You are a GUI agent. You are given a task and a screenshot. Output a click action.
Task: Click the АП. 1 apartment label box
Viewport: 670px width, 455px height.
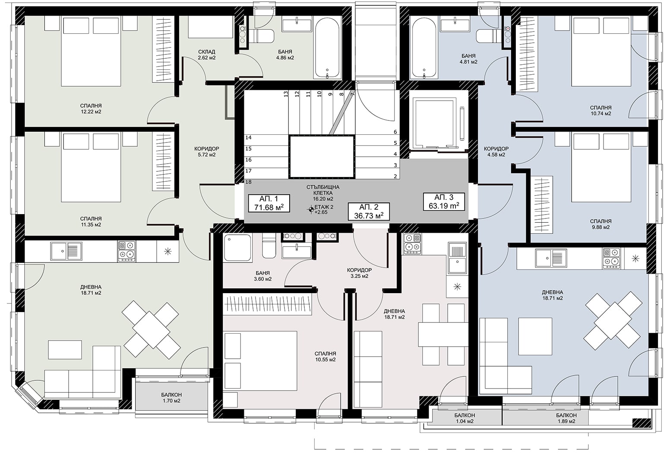[269, 203]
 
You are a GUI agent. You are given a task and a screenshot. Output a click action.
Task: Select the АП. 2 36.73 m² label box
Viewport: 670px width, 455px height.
[369, 212]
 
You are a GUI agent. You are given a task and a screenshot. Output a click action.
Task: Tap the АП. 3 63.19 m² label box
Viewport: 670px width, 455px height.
[444, 202]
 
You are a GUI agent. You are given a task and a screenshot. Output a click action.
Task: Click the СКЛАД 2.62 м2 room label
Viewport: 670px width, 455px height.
[206, 55]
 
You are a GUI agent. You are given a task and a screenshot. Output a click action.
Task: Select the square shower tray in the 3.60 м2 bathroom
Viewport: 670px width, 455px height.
[237, 248]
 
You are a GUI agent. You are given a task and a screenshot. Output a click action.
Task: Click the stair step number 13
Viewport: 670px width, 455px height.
[286, 94]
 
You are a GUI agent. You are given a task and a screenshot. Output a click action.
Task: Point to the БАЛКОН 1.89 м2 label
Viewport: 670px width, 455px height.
[566, 418]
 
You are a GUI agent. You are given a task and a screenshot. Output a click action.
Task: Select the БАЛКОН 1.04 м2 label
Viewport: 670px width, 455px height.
[465, 418]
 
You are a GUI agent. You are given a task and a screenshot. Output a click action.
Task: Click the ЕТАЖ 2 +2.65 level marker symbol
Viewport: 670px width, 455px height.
[311, 210]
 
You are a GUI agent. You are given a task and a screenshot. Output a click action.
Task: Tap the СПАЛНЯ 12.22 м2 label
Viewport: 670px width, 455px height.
[91, 109]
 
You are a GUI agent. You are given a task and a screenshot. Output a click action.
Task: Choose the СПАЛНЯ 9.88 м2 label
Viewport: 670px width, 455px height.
[600, 224]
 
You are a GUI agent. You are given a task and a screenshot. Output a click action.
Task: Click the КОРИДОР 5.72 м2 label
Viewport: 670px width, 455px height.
[206, 152]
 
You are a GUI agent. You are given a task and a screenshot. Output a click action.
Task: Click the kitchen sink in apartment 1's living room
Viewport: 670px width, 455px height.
[66, 251]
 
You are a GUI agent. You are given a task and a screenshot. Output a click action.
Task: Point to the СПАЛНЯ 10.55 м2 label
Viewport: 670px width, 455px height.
[326, 357]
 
